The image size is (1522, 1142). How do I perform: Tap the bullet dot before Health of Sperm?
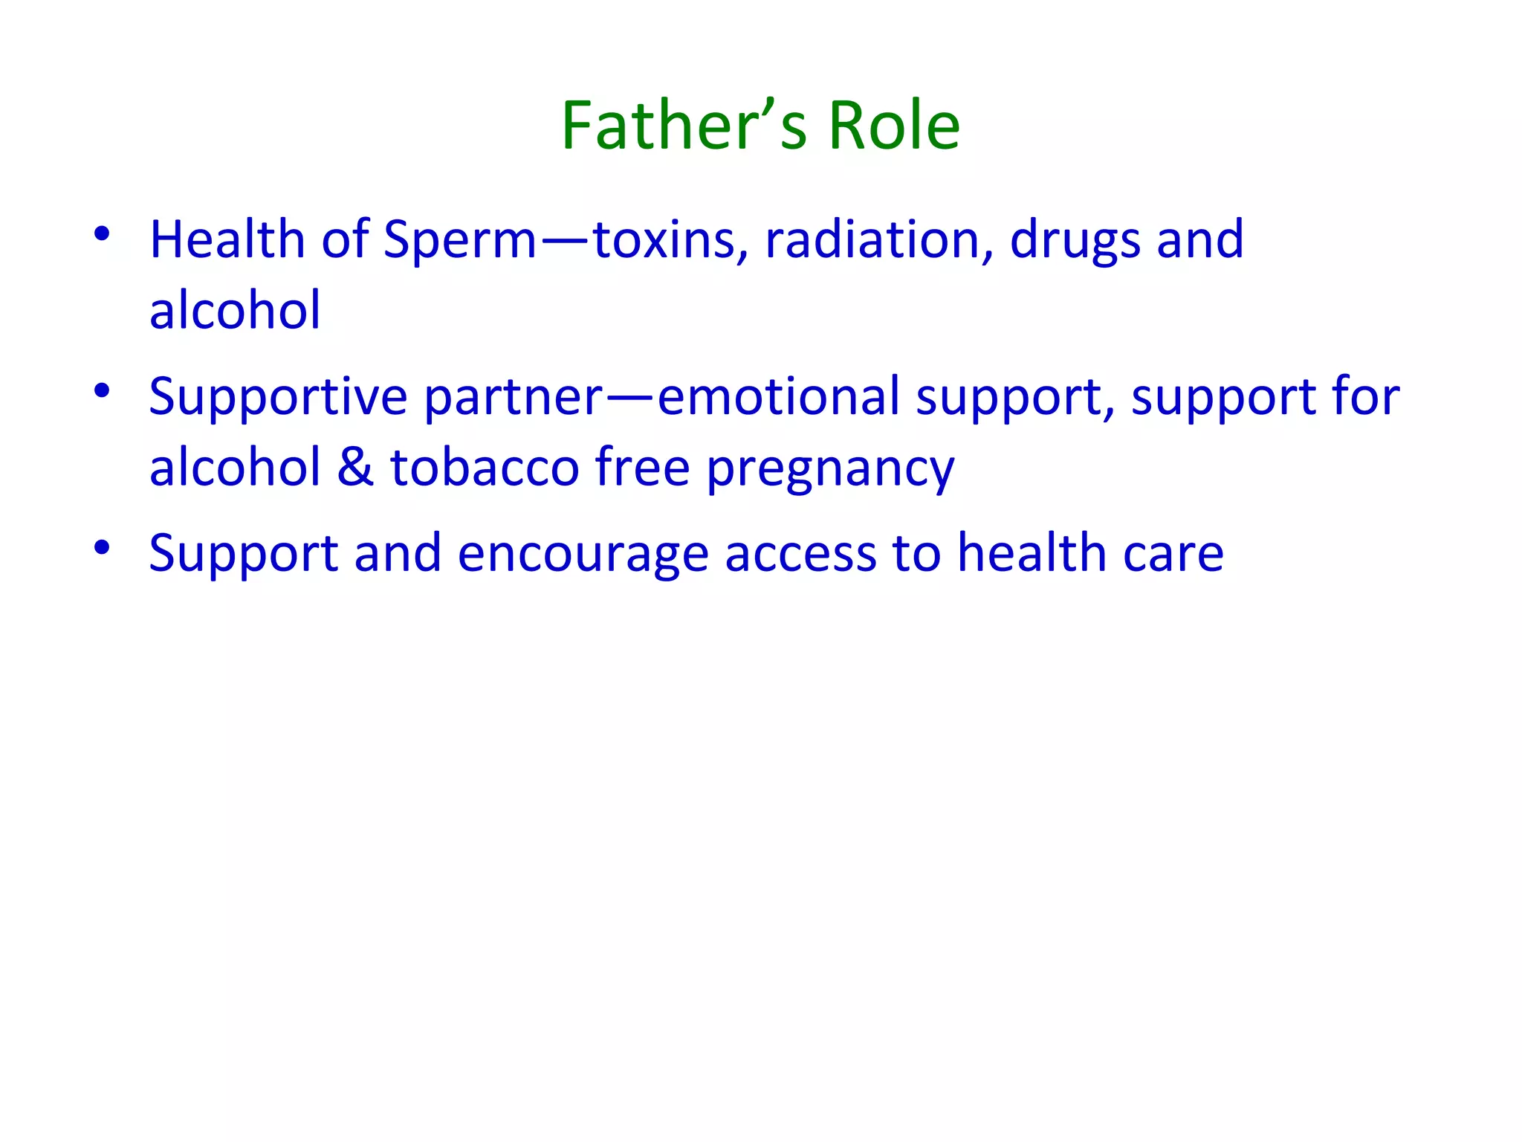point(103,234)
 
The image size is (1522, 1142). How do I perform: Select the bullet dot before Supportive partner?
point(103,390)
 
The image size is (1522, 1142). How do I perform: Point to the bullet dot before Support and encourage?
point(103,548)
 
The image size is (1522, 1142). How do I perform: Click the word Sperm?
point(459,241)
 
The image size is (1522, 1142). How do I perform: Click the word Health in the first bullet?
point(227,239)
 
